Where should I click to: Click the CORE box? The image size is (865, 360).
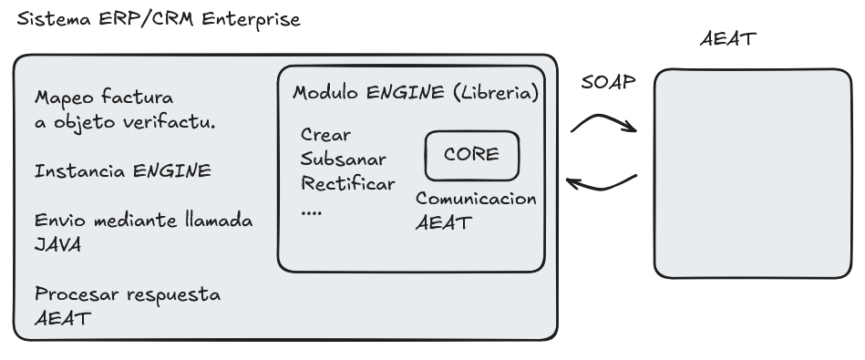[471, 154]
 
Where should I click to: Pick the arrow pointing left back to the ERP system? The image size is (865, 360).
[602, 185]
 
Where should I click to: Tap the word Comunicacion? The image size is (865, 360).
[476, 199]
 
